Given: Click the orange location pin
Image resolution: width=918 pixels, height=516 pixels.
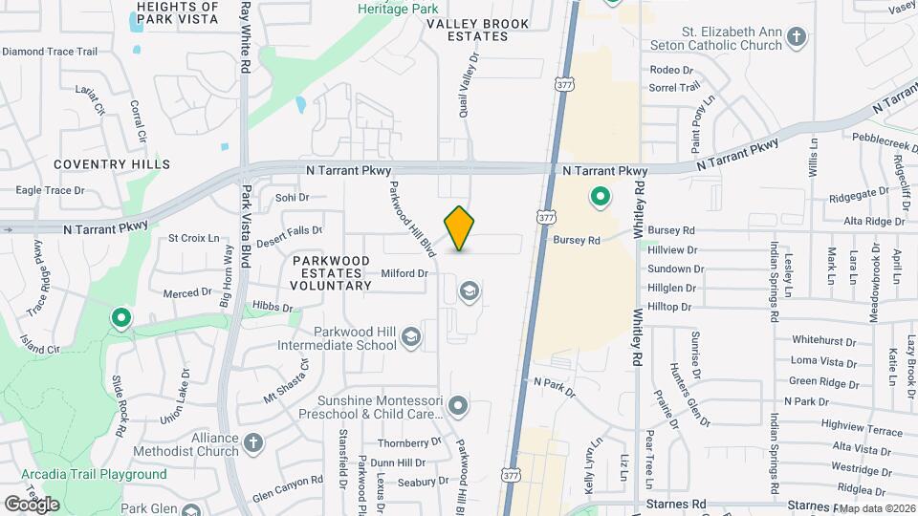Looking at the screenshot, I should pyautogui.click(x=460, y=227).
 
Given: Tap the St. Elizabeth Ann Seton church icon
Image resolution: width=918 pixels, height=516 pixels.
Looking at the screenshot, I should pyautogui.click(x=797, y=38).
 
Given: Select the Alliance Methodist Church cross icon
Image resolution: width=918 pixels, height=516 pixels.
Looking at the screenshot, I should pyautogui.click(x=252, y=441).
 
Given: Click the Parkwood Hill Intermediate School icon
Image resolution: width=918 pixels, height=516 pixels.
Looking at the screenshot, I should pyautogui.click(x=410, y=336).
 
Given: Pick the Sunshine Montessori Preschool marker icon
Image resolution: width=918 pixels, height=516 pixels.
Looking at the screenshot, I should pyautogui.click(x=458, y=406).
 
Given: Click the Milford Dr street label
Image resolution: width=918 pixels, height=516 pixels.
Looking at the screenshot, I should pyautogui.click(x=404, y=273).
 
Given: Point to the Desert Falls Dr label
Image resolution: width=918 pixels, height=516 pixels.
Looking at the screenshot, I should pyautogui.click(x=291, y=230).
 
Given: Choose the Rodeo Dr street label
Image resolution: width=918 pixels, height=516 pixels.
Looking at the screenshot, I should pyautogui.click(x=671, y=70).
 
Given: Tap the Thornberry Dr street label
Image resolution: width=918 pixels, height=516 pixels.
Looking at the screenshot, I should pyautogui.click(x=409, y=442).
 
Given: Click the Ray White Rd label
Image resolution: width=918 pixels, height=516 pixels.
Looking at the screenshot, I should pyautogui.click(x=246, y=38).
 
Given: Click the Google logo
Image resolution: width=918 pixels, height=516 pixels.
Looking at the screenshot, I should pyautogui.click(x=31, y=504).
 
